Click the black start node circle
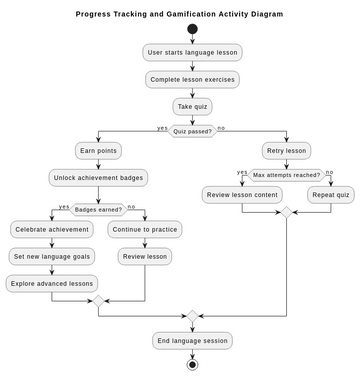(x=193, y=29)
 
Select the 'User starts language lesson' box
(x=193, y=53)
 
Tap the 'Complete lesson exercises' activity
(x=193, y=79)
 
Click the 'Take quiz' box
(x=193, y=105)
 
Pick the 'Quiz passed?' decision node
(x=193, y=130)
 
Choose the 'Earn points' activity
(x=98, y=151)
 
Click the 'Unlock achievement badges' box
(x=98, y=178)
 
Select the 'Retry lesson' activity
(x=286, y=151)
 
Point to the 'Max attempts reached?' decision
(x=286, y=174)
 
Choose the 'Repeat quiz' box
(x=329, y=194)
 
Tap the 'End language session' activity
(x=193, y=340)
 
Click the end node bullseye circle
(x=193, y=364)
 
